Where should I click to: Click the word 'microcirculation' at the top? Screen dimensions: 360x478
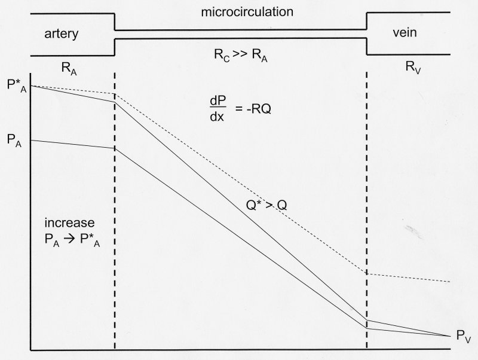(x=240, y=12)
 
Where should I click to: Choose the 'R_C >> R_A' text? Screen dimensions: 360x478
(x=240, y=57)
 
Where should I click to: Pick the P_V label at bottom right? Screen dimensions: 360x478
(x=463, y=338)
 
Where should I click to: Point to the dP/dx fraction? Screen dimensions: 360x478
(x=216, y=109)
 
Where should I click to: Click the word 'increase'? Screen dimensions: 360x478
(x=69, y=222)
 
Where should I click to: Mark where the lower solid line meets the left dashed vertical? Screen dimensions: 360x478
(x=114, y=148)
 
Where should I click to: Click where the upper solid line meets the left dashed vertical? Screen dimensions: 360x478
(x=114, y=102)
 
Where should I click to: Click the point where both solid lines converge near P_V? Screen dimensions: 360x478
(x=449, y=336)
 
